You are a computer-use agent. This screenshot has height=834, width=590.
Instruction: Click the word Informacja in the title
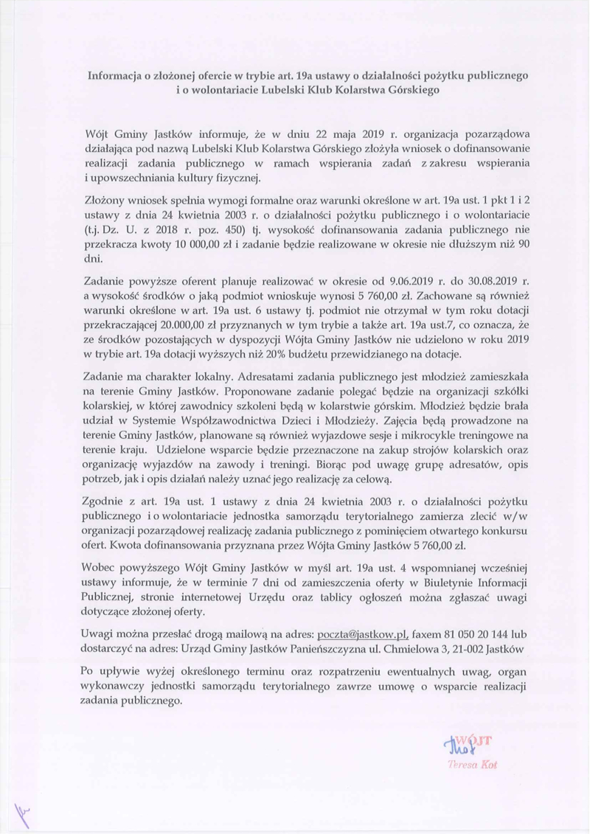coord(112,75)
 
